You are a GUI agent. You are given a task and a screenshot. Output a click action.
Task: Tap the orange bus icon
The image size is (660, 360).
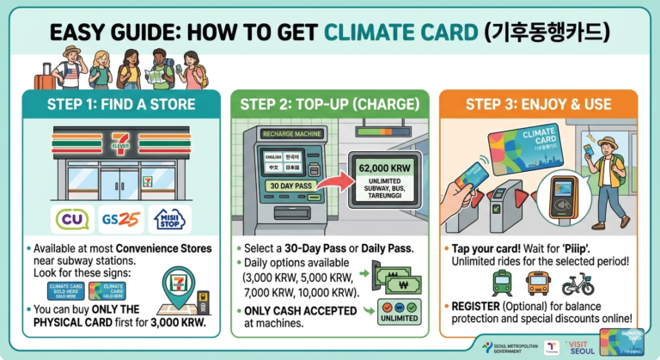[539, 283]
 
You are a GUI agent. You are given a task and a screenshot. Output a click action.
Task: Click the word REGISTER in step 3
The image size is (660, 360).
[474, 307]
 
